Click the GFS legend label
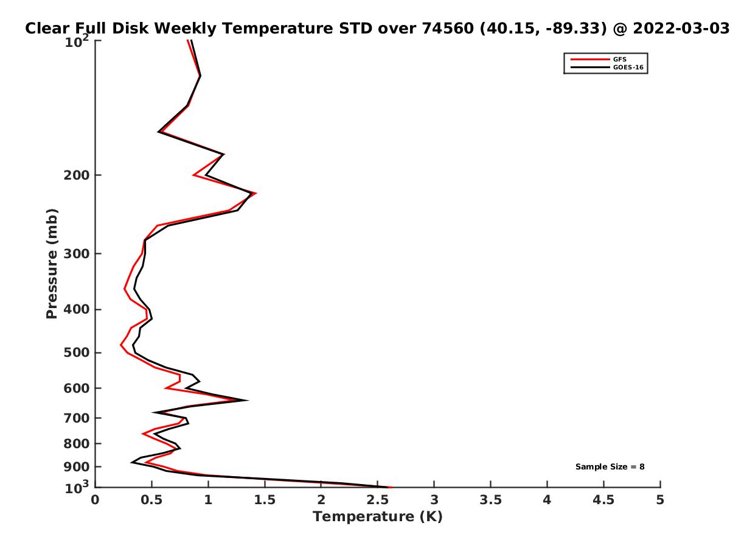pyautogui.click(x=619, y=59)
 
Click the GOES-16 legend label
pyautogui.click(x=628, y=67)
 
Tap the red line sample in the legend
pyautogui.click(x=590, y=59)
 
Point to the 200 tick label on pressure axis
pyautogui.click(x=77, y=175)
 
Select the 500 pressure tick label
pyautogui.click(x=77, y=353)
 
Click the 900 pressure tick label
pyautogui.click(x=77, y=467)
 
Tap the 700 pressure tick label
pyautogui.click(x=77, y=418)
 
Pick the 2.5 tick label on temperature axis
pyautogui.click(x=378, y=500)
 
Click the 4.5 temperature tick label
pyautogui.click(x=603, y=500)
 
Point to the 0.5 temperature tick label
pyautogui.click(x=151, y=500)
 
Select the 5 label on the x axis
pyautogui.click(x=660, y=500)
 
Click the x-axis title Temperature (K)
pyautogui.click(x=378, y=517)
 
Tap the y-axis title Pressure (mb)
pyautogui.click(x=52, y=264)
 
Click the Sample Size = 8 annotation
pyautogui.click(x=610, y=466)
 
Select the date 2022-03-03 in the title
pyautogui.click(x=681, y=28)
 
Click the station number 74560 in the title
pyautogui.click(x=448, y=28)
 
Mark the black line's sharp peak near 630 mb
pyautogui.click(x=248, y=400)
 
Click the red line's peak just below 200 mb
pyautogui.click(x=255, y=193)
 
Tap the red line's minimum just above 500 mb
pyautogui.click(x=120, y=345)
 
